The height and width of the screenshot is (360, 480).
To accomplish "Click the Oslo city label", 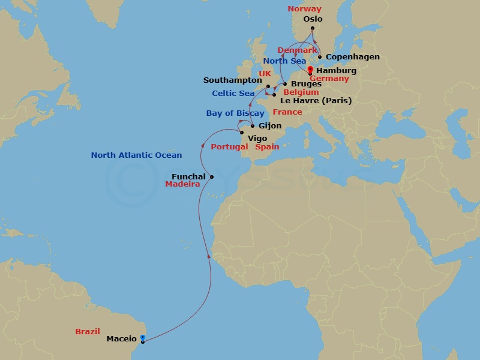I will coord(313,19).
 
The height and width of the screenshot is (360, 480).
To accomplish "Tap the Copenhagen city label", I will coord(353,58).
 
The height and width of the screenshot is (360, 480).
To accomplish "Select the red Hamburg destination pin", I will coord(310,69).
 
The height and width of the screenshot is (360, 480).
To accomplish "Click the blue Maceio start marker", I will coord(142,337).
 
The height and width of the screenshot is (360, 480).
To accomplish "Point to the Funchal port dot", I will coord(212,176).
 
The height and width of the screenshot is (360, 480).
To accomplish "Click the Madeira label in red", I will coord(182,185).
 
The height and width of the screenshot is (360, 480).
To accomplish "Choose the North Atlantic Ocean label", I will coord(136,155).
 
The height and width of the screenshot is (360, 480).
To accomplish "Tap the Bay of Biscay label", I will coord(235,113).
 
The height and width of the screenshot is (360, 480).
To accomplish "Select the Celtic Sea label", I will coord(233,94).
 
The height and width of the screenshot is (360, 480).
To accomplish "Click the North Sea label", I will coord(284,61).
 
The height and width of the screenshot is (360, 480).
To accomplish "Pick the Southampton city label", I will coord(232,80).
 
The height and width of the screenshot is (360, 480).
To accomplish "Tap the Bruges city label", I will coord(305,85).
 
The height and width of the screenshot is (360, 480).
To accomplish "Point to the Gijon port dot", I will coord(253,126).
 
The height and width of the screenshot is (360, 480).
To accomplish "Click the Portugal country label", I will coord(229,147).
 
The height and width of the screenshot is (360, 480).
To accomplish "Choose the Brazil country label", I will coord(88,331).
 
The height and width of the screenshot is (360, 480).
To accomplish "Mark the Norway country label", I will coord(304,9).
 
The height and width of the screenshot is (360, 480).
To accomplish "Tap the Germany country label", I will coord(329,79).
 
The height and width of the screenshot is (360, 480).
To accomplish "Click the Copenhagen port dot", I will coord(320,58).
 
